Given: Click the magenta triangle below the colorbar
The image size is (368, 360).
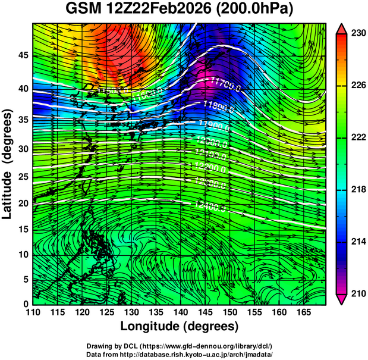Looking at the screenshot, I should tap(341, 299).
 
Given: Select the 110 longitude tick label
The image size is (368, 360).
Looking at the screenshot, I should tap(33, 312).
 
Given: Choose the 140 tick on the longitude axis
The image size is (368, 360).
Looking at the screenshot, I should tap(180, 312).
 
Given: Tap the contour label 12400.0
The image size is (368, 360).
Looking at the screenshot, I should tap(209, 206).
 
